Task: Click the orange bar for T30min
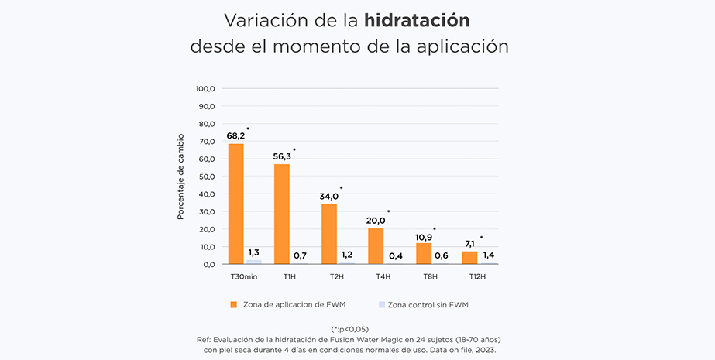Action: (x=236, y=204)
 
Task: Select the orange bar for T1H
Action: (x=282, y=214)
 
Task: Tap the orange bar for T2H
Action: (x=329, y=234)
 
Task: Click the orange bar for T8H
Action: (x=423, y=254)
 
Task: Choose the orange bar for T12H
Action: (x=469, y=258)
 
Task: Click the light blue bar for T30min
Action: (x=253, y=262)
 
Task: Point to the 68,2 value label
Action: (x=235, y=135)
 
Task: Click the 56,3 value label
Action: (x=283, y=156)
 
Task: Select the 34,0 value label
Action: (x=330, y=196)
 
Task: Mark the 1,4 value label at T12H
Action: (x=488, y=255)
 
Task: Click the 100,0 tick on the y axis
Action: (x=204, y=88)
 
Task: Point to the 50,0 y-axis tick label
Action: (x=205, y=177)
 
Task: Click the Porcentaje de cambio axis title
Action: (x=180, y=177)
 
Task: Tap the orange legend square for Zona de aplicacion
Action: (x=233, y=304)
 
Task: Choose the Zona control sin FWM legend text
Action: (x=428, y=304)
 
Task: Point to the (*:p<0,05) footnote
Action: (x=357, y=329)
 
